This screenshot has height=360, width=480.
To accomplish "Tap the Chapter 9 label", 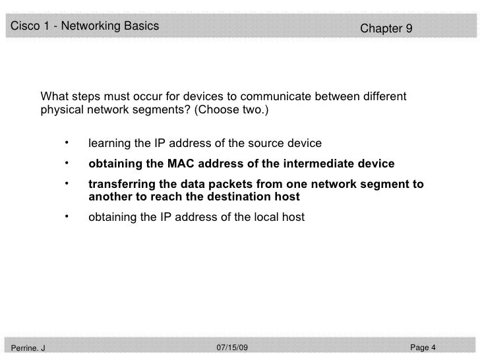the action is [386, 29].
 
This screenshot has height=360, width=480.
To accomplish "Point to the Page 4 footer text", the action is [423, 347].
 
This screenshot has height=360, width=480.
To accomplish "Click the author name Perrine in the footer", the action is [23, 348].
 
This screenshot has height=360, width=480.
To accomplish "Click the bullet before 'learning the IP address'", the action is [67, 142].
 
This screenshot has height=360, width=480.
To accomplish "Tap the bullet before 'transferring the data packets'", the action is [67, 184].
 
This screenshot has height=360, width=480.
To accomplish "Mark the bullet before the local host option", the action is [67, 215].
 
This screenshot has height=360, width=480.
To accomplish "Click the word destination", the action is [241, 196].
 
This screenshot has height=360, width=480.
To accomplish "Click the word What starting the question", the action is [55, 98].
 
